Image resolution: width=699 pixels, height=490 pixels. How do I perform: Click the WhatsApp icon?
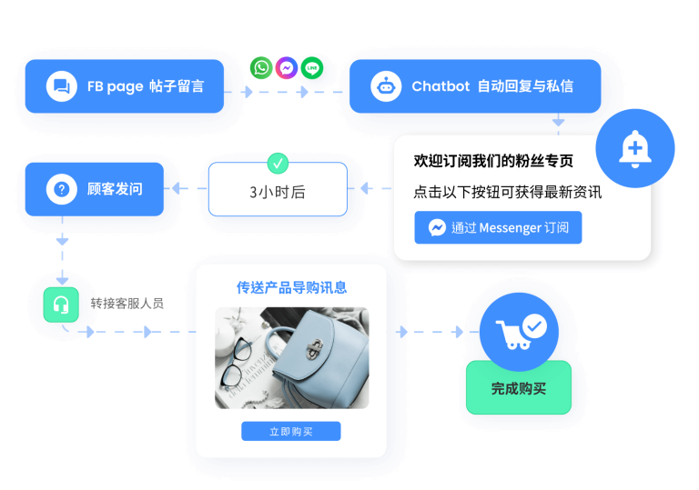(x=261, y=68)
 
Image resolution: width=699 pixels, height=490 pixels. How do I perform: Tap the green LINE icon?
(x=312, y=68)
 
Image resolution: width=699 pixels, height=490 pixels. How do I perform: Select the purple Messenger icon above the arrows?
(x=287, y=68)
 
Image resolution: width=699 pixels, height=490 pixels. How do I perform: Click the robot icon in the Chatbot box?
(x=386, y=86)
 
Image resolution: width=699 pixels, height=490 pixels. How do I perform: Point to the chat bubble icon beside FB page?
(x=62, y=86)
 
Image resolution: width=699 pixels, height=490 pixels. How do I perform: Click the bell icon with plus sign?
(x=634, y=149)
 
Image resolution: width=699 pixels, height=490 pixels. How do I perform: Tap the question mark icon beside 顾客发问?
(x=62, y=189)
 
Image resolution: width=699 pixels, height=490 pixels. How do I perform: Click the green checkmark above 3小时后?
(x=278, y=164)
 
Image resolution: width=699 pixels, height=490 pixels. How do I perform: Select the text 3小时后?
(x=278, y=192)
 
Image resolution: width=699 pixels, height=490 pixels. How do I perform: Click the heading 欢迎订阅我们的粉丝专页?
(x=493, y=161)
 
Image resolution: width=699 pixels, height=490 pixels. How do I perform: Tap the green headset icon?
(x=61, y=305)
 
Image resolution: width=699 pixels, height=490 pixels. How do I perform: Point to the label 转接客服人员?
(x=127, y=304)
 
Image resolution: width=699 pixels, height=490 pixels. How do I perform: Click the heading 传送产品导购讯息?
(x=291, y=288)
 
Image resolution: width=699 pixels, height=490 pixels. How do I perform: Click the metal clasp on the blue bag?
(x=315, y=348)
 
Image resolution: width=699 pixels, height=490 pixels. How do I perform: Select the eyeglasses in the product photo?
(x=237, y=362)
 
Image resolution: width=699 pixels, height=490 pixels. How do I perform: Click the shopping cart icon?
(x=514, y=335)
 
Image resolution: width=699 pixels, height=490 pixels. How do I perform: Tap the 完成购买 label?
(x=519, y=388)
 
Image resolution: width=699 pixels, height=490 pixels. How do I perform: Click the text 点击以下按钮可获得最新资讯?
(x=508, y=192)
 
